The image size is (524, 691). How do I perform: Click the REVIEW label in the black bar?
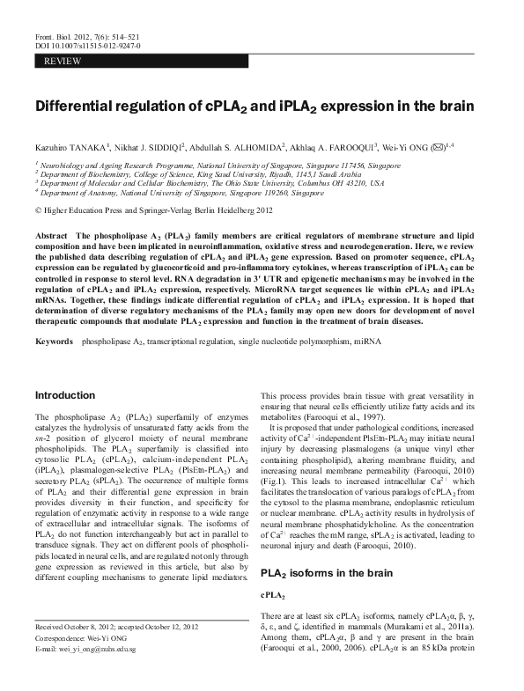coord(63,61)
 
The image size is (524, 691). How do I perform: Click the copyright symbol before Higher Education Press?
coord(37,211)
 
